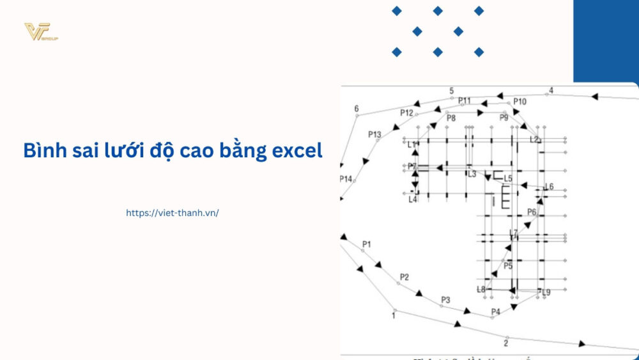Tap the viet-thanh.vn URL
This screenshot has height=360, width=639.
173,213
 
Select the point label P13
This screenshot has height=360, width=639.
374,134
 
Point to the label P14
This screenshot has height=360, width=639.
346,179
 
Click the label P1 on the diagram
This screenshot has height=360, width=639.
366,244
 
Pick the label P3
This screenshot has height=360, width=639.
445,300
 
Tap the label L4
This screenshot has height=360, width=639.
413,200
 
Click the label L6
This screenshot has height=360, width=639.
549,187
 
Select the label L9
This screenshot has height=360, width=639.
546,292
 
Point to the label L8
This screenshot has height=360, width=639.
481,290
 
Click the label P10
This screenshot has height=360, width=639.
520,102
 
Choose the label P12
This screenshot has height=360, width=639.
407,113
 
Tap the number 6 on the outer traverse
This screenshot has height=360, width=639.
357,108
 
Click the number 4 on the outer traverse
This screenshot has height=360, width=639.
551,90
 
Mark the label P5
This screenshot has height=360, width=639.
508,266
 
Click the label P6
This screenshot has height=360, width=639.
532,212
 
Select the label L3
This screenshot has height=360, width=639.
472,174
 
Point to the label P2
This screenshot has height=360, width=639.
404,277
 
